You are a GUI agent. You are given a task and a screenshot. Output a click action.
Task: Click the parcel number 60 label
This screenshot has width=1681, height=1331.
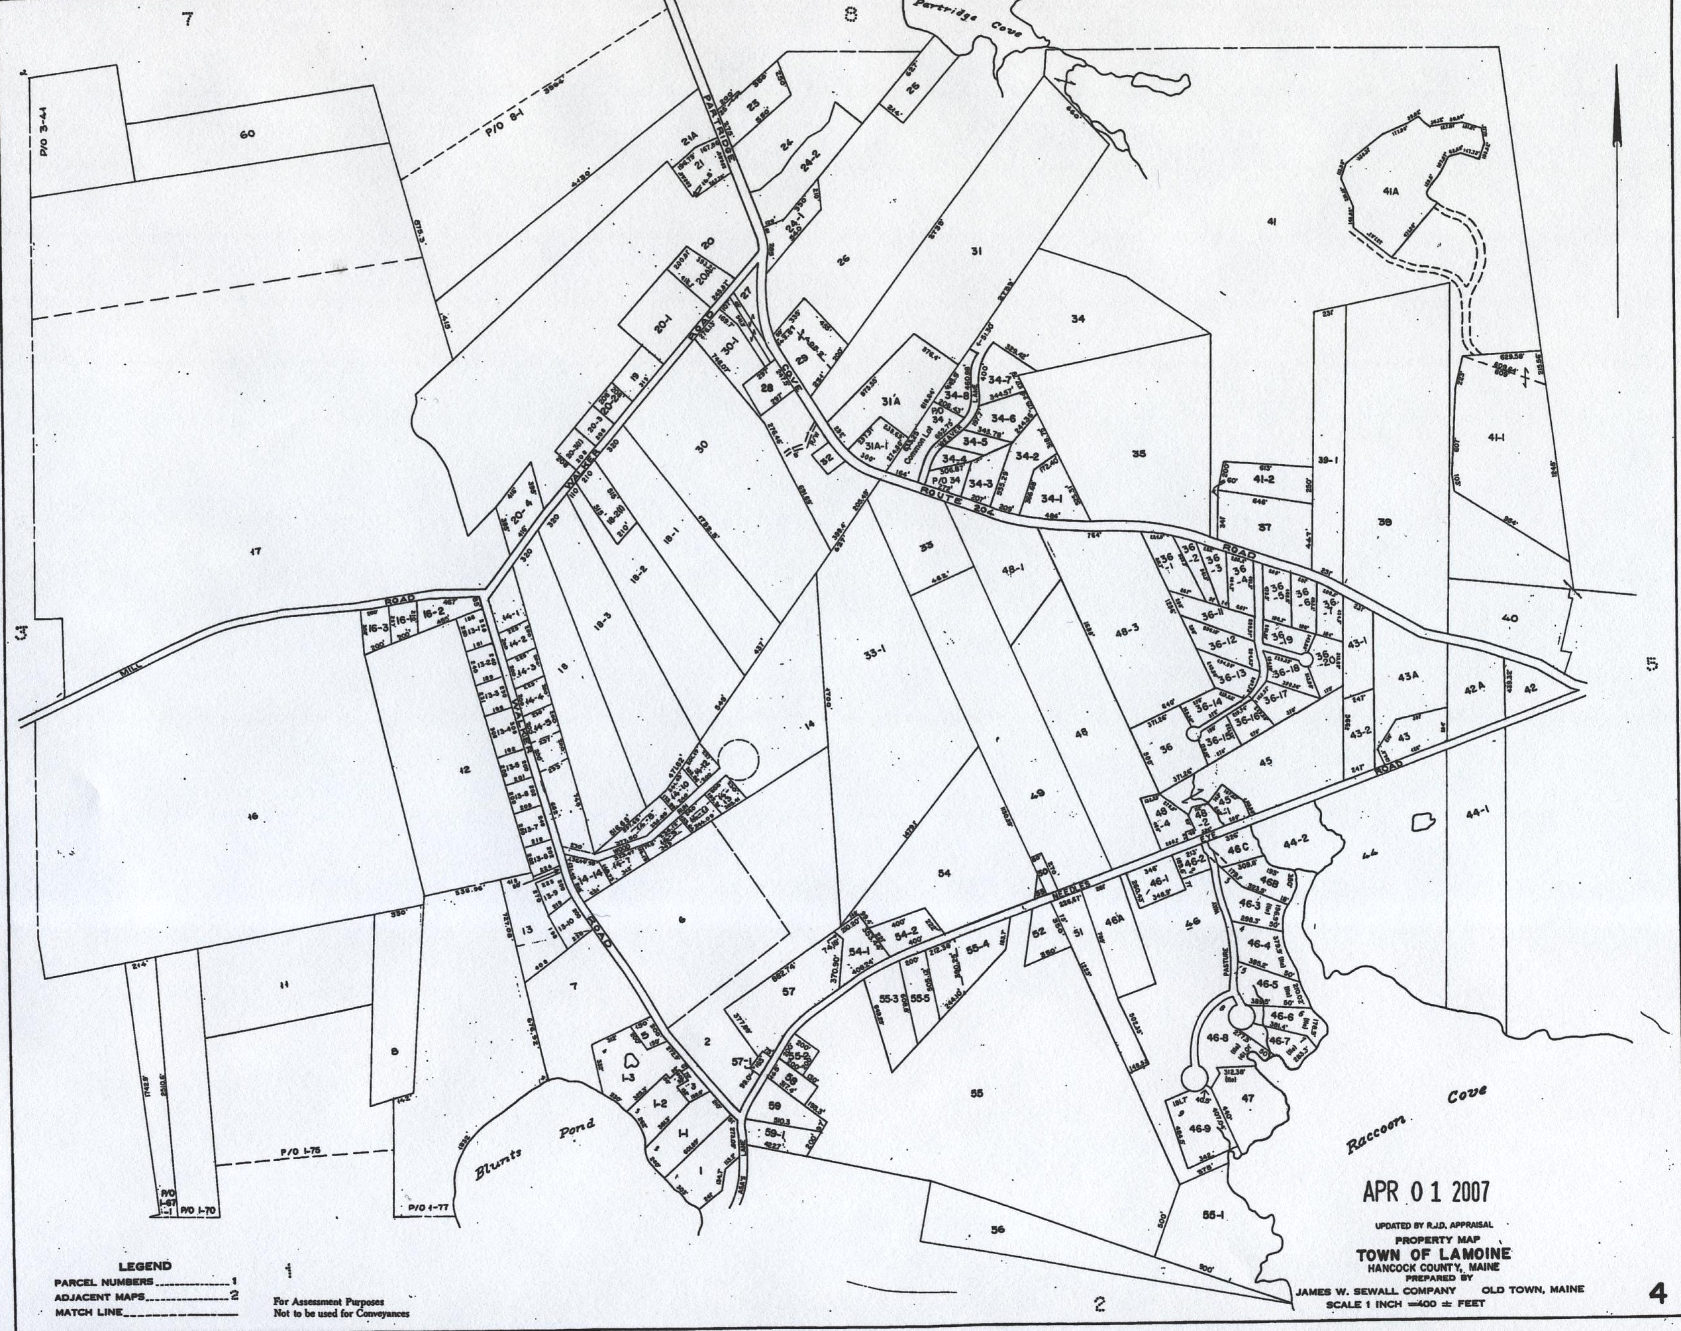click(x=247, y=134)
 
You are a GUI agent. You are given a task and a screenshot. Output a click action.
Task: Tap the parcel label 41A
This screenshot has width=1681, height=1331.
click(x=1393, y=190)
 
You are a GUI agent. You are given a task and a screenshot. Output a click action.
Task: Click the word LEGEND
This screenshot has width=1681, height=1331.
click(x=145, y=1266)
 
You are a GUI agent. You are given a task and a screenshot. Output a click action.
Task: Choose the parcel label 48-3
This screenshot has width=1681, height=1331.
click(x=1128, y=634)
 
